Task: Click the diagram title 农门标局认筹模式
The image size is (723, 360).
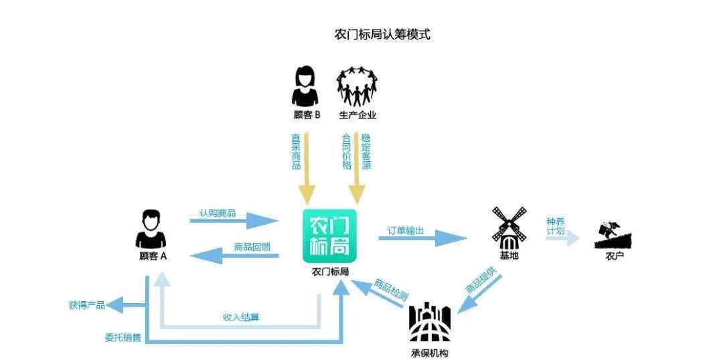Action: (x=382, y=35)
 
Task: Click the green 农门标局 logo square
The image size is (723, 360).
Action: (x=330, y=236)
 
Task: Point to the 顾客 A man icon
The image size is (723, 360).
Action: (x=152, y=229)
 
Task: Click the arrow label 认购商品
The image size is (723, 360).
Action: (x=217, y=213)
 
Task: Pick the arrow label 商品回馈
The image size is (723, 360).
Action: (x=252, y=247)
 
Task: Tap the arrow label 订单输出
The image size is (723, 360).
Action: (x=406, y=230)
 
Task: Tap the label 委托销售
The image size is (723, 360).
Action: (x=123, y=337)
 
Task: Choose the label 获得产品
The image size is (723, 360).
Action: (x=86, y=305)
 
